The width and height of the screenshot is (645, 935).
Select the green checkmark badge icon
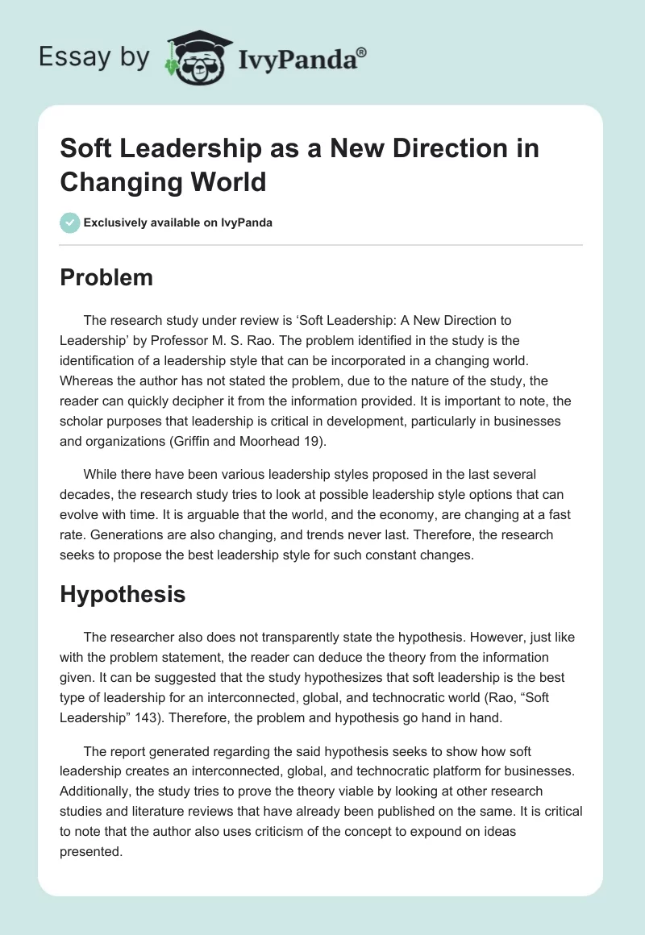pos(70,222)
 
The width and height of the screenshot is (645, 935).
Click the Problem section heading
pos(106,278)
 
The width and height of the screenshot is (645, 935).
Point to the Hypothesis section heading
pos(123,594)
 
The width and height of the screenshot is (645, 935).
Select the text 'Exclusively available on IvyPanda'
pos(178,222)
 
